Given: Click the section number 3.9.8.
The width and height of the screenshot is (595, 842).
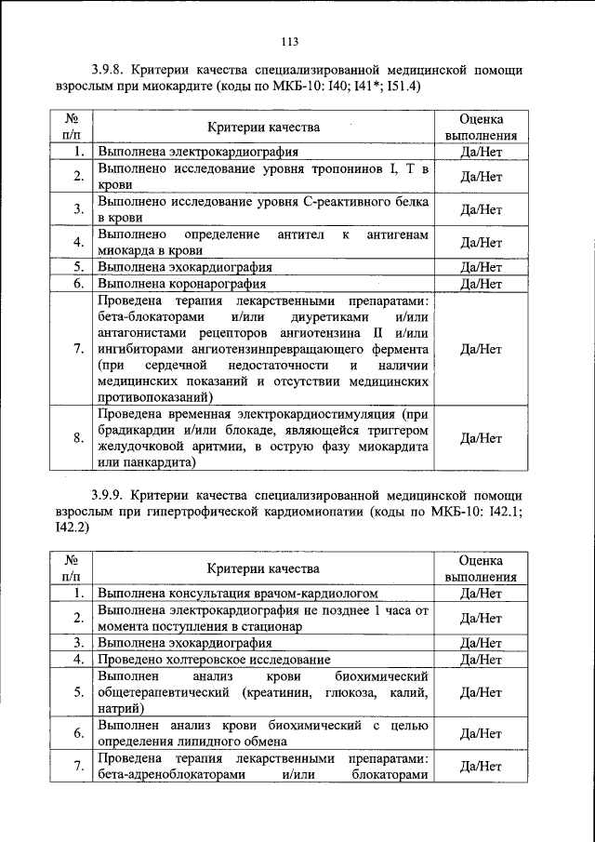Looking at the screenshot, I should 110,70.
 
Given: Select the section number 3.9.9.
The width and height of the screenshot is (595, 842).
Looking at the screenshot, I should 110,494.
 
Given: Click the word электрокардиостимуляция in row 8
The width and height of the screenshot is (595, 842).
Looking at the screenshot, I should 338,412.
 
